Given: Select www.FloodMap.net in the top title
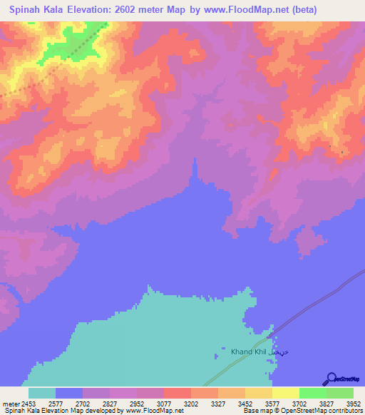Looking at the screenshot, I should coord(243,9).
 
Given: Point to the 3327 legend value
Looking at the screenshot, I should coord(218,403).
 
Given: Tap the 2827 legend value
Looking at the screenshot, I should coord(110,403).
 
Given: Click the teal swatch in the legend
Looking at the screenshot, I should coord(41,393).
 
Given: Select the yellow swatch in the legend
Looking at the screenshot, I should coord(285,393).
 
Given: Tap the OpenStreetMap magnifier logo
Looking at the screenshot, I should coord(329,379).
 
